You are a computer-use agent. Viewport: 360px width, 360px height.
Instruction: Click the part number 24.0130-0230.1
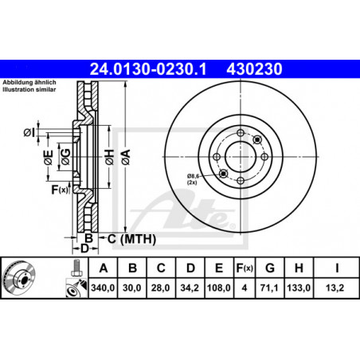tap(148, 69)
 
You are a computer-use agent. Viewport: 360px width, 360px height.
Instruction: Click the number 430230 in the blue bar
tap(254, 69)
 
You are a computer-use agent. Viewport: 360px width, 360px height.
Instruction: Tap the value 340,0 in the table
tap(103, 288)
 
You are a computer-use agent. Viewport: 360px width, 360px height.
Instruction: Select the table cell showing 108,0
tap(219, 288)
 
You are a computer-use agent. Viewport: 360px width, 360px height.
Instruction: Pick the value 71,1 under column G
tap(269, 288)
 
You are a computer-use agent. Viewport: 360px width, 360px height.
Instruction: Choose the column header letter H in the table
tap(299, 268)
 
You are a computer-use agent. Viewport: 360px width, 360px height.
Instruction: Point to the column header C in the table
tap(161, 268)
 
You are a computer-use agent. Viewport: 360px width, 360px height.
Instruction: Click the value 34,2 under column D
tap(190, 288)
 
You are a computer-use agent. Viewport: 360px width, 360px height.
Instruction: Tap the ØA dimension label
tap(126, 157)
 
